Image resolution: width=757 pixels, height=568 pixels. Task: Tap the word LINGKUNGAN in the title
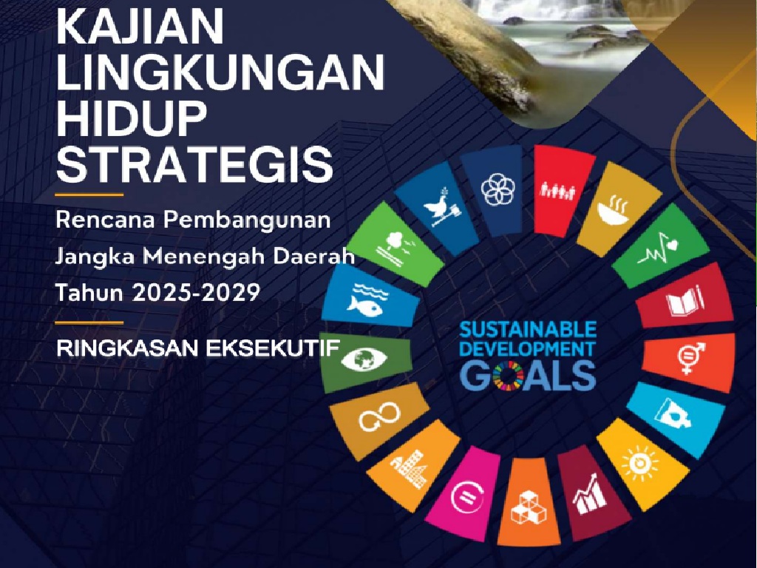pos(220,73)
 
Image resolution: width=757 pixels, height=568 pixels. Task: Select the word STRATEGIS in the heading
pos(194,165)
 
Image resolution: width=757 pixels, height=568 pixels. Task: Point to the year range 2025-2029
pos(196,292)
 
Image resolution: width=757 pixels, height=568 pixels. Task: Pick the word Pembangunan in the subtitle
pos(247,220)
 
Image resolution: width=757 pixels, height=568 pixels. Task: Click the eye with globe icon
pos(364,360)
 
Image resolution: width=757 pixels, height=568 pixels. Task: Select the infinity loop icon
pos(379,417)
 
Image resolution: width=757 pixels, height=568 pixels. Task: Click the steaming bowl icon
pos(613,211)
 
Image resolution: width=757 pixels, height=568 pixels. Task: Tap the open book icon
pos(685,301)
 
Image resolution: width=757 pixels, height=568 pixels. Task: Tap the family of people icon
pos(557,190)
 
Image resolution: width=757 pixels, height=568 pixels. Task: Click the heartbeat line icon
pos(657,250)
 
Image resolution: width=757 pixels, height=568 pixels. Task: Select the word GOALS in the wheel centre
pos(528,375)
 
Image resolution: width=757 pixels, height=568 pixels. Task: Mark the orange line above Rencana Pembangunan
pos(89,195)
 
